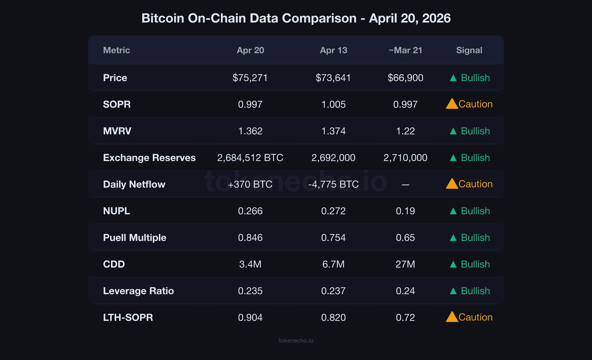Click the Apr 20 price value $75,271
coord(250,78)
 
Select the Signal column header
coord(469,50)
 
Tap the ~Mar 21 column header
coord(405,50)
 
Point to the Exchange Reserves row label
coord(149,158)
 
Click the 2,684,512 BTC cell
coord(250,158)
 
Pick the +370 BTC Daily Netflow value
coord(250,184)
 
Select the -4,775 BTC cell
coord(333,184)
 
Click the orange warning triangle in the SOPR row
coord(452,104)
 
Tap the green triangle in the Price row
coord(453,78)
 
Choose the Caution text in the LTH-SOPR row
coord(475,317)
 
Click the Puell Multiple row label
coord(135,238)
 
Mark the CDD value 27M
coord(405,264)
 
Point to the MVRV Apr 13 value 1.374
coord(333,131)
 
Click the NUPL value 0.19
coord(405,211)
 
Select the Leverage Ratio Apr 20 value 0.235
coord(250,291)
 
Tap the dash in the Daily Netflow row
coord(405,185)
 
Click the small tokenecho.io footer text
coord(296,340)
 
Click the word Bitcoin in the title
coord(162,18)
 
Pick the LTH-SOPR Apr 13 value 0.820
coord(333,317)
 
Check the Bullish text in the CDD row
coord(475,264)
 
